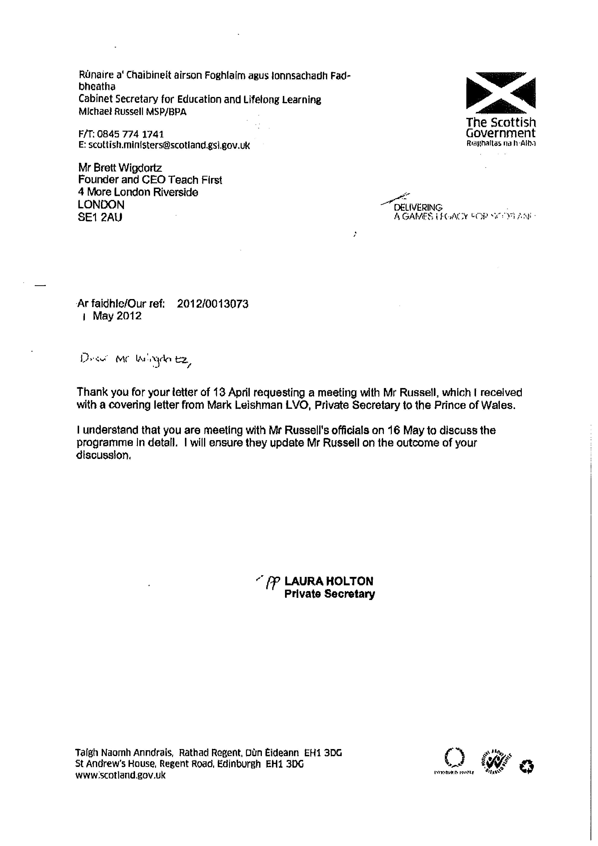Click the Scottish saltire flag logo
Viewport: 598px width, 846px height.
tap(501, 92)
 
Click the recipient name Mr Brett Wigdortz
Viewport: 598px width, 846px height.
tap(120, 168)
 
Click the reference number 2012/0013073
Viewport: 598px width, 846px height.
tap(213, 304)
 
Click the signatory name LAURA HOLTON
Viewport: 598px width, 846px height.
tap(329, 581)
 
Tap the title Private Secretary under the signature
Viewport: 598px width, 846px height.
tap(329, 594)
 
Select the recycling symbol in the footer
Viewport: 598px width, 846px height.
tap(527, 767)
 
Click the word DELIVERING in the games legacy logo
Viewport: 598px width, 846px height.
tap(418, 207)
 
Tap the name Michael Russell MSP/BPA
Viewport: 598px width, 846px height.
tap(132, 112)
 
